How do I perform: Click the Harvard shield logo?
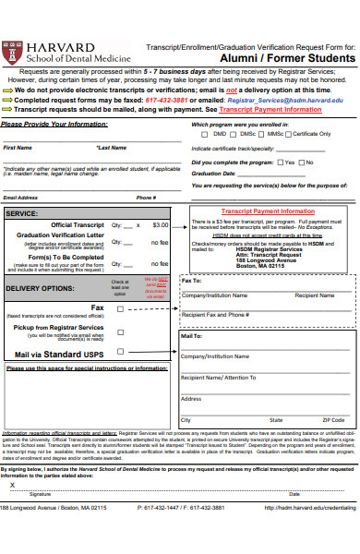pyautogui.click(x=14, y=53)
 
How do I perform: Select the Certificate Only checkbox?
pyautogui.click(x=289, y=134)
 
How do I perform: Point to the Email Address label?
pyautogui.click(x=20, y=197)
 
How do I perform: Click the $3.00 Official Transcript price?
pyautogui.click(x=161, y=224)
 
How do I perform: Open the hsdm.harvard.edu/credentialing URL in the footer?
pyautogui.click(x=309, y=533)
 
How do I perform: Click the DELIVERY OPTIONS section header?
pyautogui.click(x=42, y=288)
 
